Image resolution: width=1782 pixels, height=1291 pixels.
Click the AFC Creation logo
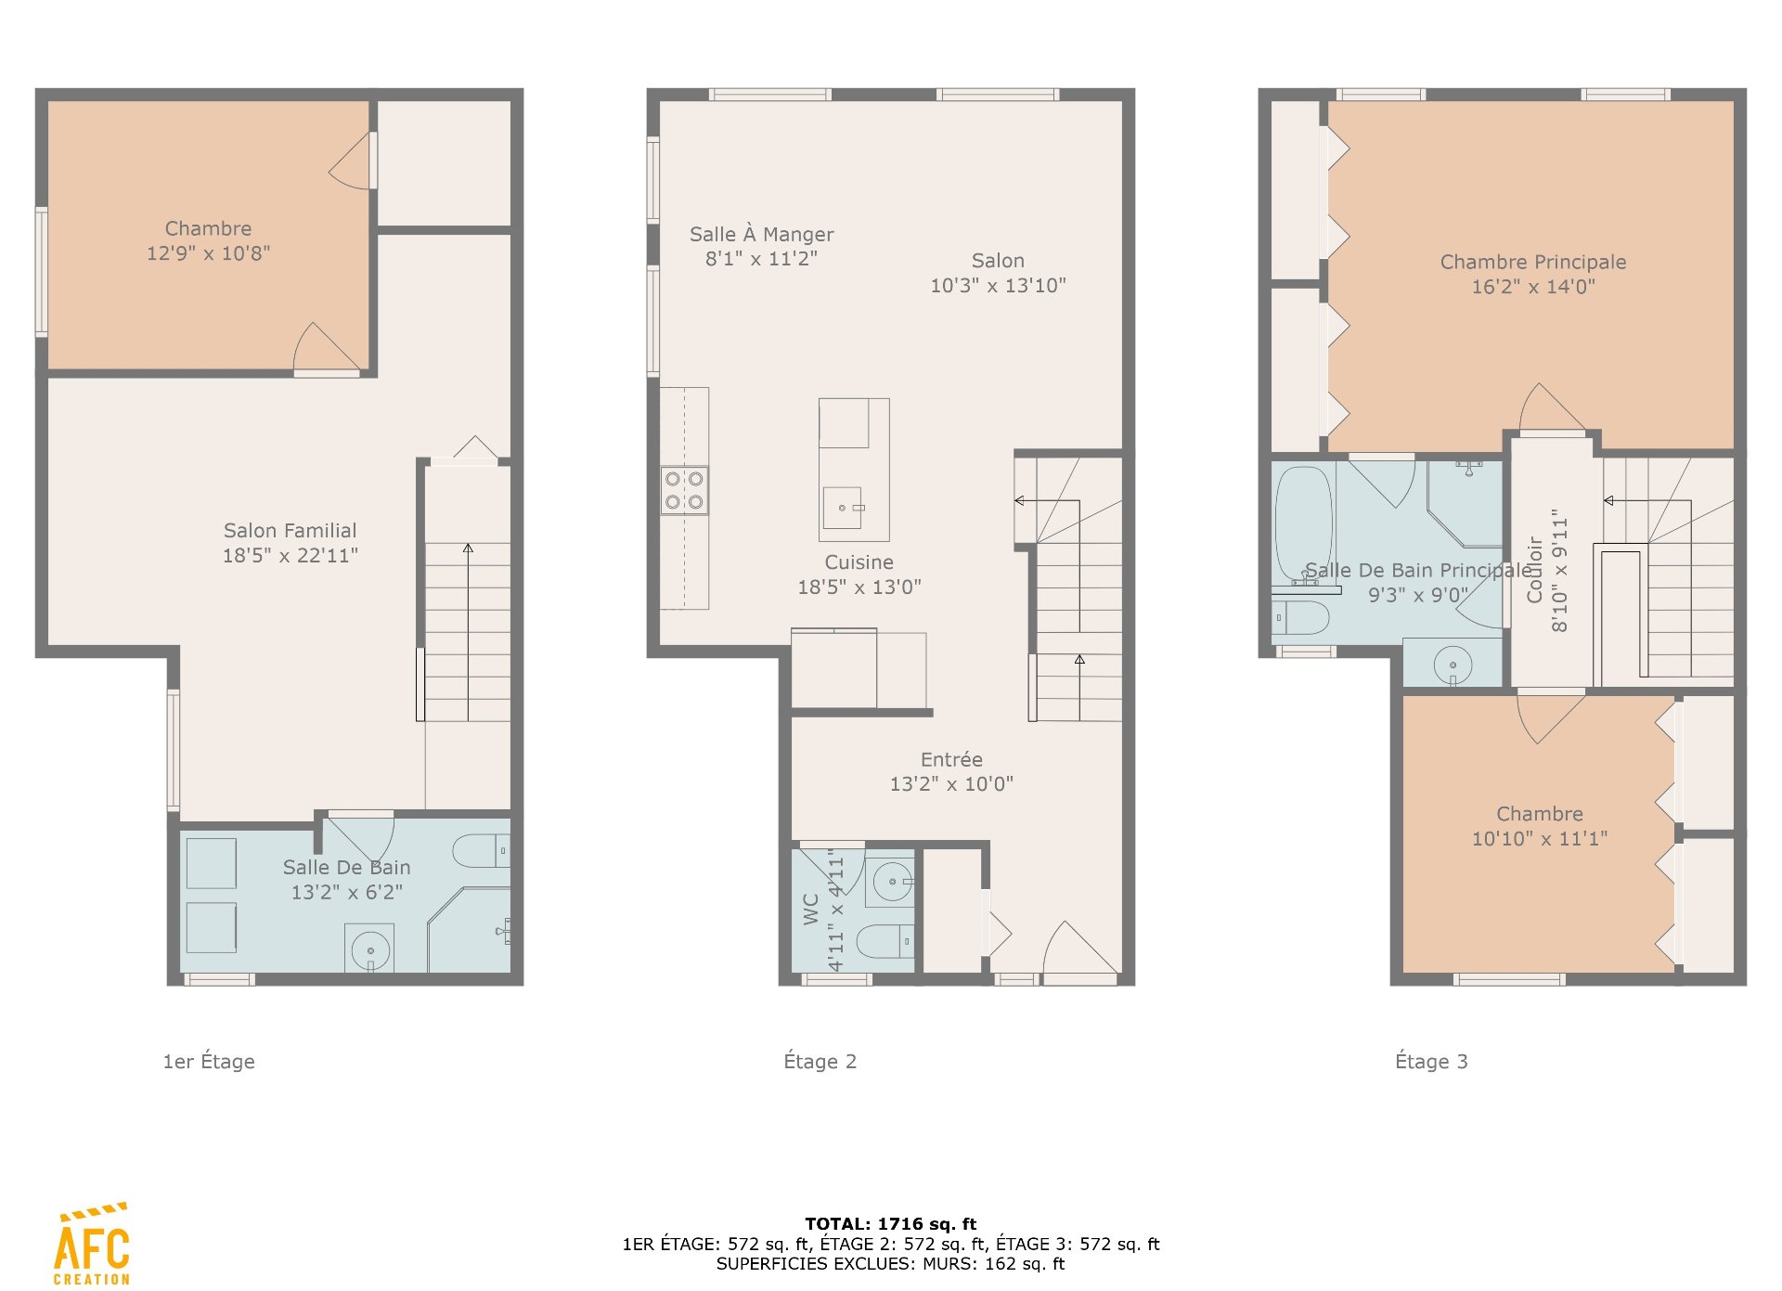[x=92, y=1244]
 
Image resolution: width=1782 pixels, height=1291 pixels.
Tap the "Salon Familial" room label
[x=290, y=531]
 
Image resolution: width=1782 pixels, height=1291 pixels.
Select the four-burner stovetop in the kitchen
[x=684, y=490]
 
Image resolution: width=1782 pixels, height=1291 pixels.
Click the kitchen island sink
[x=843, y=508]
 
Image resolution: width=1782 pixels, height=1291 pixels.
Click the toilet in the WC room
[x=885, y=941]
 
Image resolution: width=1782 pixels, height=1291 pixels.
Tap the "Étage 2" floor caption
[x=820, y=1062]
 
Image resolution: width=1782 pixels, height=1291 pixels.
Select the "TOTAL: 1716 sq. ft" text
[x=890, y=1224]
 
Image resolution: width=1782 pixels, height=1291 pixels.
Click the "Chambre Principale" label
[x=1533, y=263]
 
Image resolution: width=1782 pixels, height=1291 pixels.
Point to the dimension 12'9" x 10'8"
[x=208, y=253]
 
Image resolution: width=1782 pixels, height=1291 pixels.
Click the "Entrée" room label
[x=951, y=759]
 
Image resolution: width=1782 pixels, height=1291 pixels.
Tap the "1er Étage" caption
[x=209, y=1062]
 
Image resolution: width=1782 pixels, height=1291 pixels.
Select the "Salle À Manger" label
[x=761, y=235]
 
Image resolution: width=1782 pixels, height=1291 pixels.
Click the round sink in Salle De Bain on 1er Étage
[x=369, y=949]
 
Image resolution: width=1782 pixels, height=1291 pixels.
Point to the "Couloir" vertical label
[x=1535, y=570]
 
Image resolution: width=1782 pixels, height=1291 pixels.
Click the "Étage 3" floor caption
[x=1431, y=1062]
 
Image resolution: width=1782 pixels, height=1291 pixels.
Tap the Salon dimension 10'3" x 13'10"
[x=998, y=286]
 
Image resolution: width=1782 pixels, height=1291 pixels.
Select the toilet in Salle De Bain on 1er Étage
[x=481, y=851]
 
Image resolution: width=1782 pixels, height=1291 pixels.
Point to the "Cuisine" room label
[x=859, y=562]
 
